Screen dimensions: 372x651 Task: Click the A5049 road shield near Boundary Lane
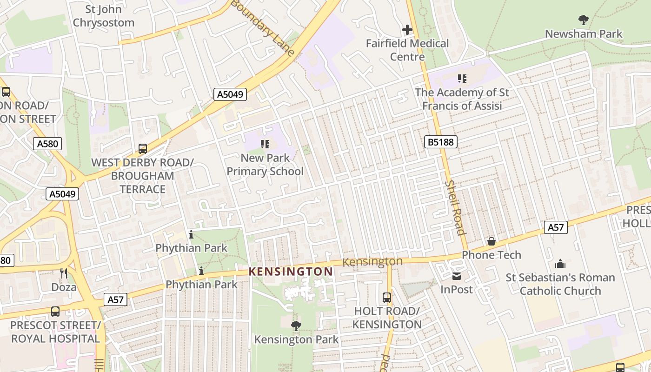pos(230,94)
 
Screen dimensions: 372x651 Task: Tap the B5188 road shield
pos(440,142)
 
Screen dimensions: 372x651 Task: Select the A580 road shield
pos(48,144)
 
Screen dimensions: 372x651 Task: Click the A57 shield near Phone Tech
pos(556,227)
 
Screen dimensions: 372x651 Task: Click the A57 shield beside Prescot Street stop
pos(115,299)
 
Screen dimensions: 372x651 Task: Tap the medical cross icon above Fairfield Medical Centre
pos(407,30)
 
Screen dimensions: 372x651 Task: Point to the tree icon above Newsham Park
pos(584,20)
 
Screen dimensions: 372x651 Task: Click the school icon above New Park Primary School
pos(266,144)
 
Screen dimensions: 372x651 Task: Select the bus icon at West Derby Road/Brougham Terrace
pos(143,149)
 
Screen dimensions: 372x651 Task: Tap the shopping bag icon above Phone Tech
pos(492,241)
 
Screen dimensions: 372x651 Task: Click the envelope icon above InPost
pos(457,276)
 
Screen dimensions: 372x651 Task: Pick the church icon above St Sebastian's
pos(560,264)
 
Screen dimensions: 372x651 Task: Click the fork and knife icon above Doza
pos(64,273)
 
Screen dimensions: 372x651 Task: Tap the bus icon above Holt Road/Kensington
pos(387,298)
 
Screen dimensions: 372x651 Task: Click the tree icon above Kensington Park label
pos(296,326)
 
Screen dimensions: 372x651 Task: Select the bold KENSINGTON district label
pos(291,271)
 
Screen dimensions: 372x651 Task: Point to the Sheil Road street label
pos(455,207)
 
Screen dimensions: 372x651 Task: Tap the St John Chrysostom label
pos(103,16)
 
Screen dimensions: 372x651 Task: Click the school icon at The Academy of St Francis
pos(462,79)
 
